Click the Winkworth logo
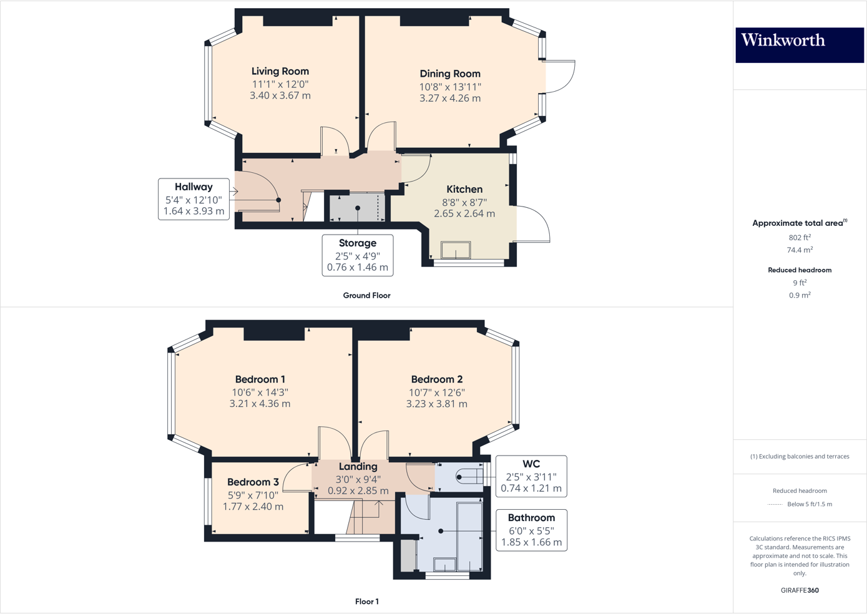tap(799, 44)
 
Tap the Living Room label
tap(280, 71)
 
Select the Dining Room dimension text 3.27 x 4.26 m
tap(450, 99)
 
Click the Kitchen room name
tap(464, 189)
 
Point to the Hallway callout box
tap(193, 199)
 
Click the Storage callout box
tap(358, 255)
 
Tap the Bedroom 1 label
tap(260, 379)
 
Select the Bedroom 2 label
tap(437, 379)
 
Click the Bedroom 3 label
tap(253, 482)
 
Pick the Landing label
tap(358, 467)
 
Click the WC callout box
tap(531, 476)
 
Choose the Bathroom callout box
tap(531, 530)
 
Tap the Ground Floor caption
tap(366, 296)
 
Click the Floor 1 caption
tap(366, 602)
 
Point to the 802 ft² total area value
tap(800, 238)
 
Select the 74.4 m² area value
tap(800, 250)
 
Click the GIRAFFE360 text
tap(800, 590)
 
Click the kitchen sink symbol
tap(456, 250)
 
